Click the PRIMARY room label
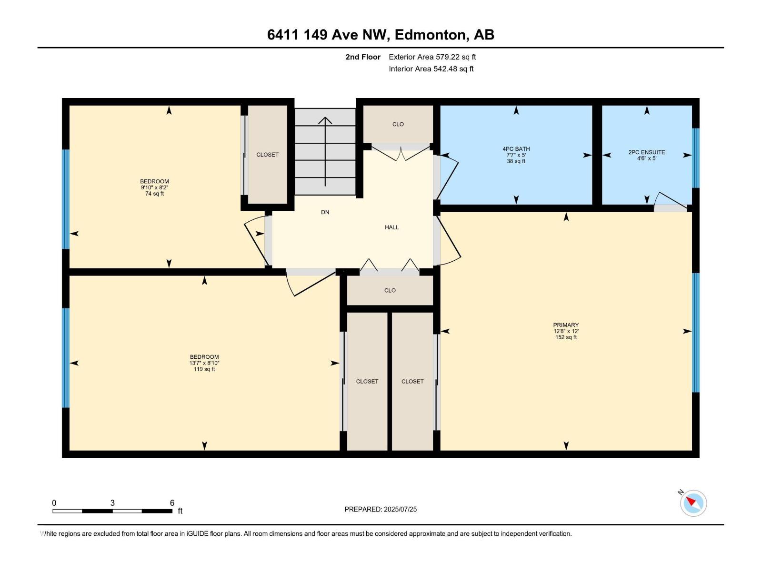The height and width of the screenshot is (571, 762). [566, 325]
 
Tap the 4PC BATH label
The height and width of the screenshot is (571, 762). [516, 149]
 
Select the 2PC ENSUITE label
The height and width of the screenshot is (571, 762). [646, 152]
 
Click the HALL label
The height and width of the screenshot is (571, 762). [391, 227]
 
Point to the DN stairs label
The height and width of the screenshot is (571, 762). [325, 212]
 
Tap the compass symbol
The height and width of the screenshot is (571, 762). [693, 503]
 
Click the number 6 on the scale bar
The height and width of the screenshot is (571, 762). [172, 503]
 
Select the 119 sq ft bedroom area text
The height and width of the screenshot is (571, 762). [204, 369]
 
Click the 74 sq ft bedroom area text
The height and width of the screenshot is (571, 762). [154, 194]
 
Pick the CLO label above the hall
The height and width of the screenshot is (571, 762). [398, 124]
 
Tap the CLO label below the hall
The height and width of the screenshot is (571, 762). [390, 290]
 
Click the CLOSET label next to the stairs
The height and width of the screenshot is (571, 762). [267, 155]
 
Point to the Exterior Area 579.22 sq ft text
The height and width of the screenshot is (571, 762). [432, 57]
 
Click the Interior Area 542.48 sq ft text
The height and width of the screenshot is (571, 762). [431, 69]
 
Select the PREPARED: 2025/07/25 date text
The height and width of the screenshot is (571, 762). [381, 509]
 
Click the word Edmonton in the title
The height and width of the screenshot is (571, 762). [430, 35]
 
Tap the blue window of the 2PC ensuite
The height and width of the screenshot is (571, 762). [695, 158]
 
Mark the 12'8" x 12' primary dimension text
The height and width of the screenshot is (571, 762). [566, 331]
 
